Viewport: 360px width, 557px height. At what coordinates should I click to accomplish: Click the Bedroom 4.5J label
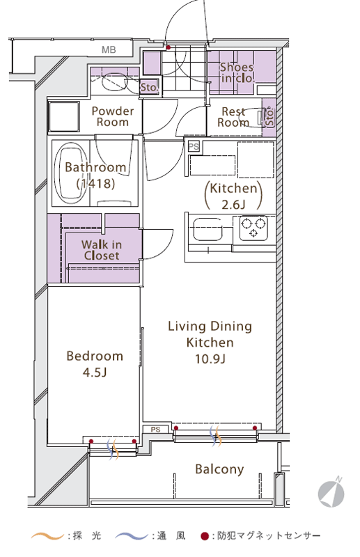[95, 363]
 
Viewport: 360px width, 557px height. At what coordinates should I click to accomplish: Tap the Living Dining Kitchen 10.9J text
[210, 343]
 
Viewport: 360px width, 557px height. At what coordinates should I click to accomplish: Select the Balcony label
[219, 469]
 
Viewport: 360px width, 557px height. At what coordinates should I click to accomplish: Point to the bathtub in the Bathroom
[71, 173]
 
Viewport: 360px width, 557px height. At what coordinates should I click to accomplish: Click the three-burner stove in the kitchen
[253, 228]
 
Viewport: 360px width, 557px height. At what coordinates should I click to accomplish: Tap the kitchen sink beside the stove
[208, 230]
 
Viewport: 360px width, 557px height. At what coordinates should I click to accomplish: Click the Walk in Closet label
[102, 250]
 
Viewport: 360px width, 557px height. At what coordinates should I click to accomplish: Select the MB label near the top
[109, 49]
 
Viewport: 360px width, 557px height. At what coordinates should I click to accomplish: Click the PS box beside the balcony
[155, 430]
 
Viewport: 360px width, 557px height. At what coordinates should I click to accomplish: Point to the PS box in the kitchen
[194, 147]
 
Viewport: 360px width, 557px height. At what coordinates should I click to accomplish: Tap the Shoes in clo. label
[237, 72]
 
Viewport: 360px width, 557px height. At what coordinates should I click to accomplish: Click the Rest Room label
[233, 117]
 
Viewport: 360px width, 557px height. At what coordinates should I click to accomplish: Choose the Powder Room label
[113, 116]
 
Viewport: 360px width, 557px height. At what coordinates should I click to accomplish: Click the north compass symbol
[331, 492]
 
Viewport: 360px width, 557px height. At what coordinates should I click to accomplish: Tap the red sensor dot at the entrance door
[169, 47]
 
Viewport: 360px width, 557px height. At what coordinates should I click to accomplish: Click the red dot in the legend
[204, 536]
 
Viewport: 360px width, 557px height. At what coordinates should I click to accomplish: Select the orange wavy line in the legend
[47, 535]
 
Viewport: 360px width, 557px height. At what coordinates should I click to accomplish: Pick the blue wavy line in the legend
[132, 535]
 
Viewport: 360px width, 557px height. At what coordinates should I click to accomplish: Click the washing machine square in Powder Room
[64, 117]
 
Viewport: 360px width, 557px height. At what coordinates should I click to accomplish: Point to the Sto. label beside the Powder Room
[148, 87]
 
